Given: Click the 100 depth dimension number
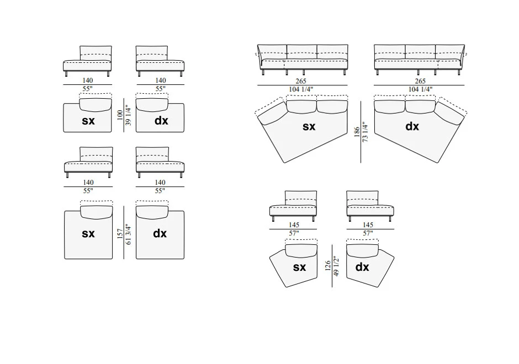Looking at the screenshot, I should point(120,115).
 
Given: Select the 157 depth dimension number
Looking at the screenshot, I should point(120,233).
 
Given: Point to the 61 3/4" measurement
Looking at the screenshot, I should point(128,233).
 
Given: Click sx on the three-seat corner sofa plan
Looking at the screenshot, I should point(309,126).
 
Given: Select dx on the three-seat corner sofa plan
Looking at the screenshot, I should point(412,126).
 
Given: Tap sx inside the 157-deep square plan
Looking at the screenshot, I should point(88,233).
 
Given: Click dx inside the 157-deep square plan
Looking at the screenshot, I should point(160,233).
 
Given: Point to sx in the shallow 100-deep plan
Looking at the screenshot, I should point(88,121).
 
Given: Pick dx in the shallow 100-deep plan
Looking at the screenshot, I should point(160,121).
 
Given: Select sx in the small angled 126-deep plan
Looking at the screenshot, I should point(299,267).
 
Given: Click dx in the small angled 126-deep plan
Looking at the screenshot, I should point(362,267).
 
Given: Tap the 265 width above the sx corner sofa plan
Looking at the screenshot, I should point(301,81).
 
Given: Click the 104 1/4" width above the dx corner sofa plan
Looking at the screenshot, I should point(420,89).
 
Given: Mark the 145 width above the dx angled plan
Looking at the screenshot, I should point(368,225).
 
